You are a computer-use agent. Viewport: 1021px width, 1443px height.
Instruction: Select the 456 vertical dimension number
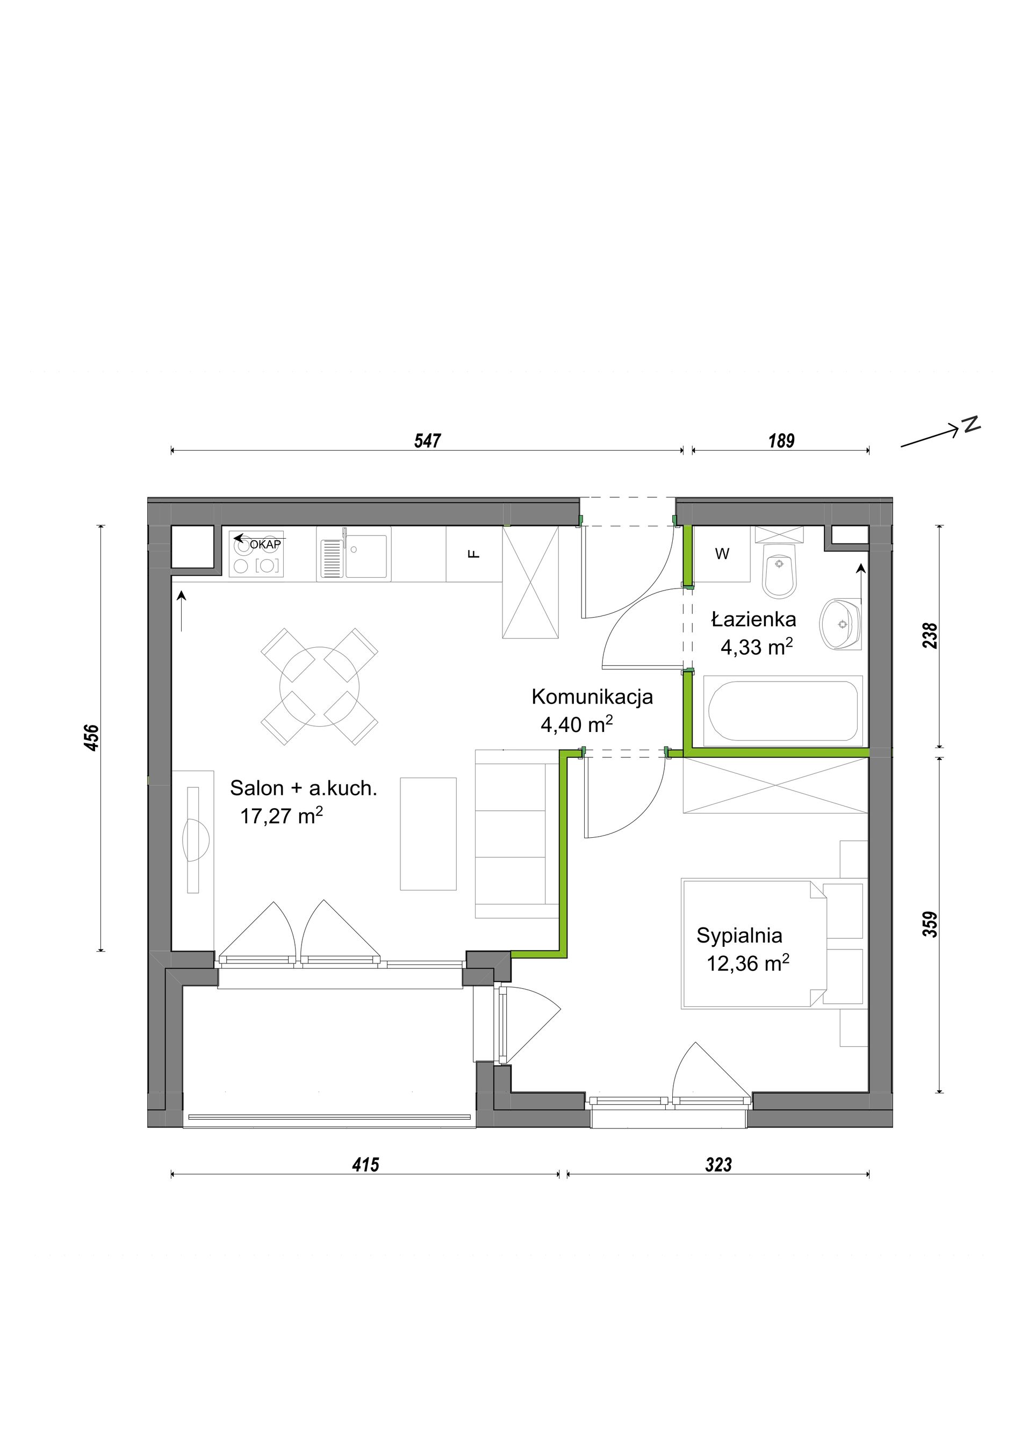(x=92, y=738)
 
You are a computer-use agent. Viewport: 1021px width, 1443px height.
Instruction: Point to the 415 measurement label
(x=366, y=1165)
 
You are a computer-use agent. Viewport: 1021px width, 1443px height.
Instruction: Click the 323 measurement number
(x=718, y=1165)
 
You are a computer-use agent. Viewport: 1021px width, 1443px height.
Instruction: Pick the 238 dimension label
(x=931, y=635)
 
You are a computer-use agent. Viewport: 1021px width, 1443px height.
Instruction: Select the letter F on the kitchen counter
(x=474, y=554)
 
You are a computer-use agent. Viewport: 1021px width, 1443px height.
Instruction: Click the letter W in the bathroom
(x=722, y=554)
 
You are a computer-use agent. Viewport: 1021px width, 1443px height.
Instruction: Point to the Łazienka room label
(x=754, y=620)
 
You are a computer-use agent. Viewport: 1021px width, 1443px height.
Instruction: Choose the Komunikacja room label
(x=592, y=697)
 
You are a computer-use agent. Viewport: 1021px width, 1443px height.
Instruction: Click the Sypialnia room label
(x=739, y=936)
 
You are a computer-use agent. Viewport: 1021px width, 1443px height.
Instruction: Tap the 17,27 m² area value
(x=282, y=816)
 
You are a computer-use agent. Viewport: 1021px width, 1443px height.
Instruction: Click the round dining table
(x=319, y=686)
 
